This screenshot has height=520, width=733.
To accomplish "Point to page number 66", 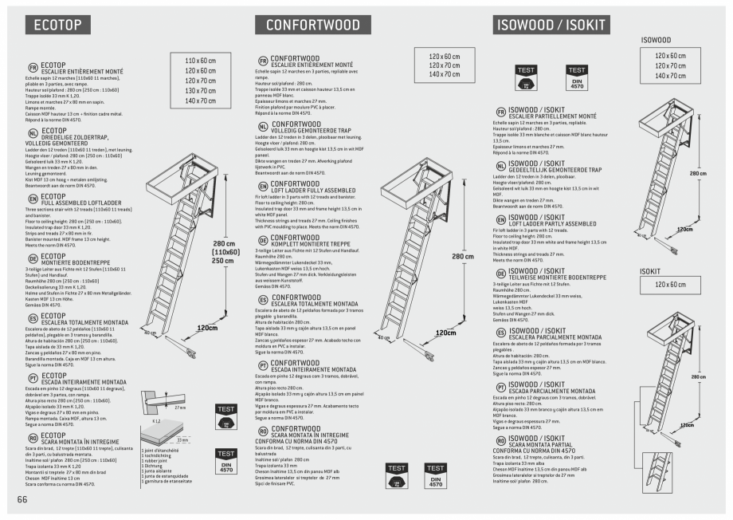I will (x=22, y=499).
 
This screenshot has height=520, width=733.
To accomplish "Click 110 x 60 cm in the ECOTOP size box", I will (x=200, y=61).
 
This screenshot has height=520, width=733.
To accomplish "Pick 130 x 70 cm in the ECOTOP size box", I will (x=200, y=91).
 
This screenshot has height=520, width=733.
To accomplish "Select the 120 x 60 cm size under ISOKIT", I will (x=669, y=285).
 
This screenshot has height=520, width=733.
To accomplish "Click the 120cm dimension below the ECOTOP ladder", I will (x=207, y=328).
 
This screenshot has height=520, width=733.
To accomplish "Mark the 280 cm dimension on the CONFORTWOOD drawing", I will (x=463, y=257).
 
